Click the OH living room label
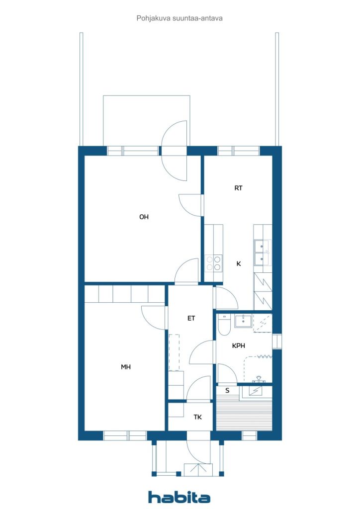pos(144,217)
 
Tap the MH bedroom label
pos(126,367)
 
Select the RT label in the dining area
pos(238,187)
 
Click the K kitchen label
pos(239,263)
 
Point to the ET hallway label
pos(191,318)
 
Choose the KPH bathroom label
pos(238,346)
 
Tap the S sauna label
pos(227,390)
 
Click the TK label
pos(197,417)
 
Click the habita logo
pos(179,497)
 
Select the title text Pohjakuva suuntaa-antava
pos(180,18)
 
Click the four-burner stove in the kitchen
pos(214,263)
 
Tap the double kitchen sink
pos(262,253)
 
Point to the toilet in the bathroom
pos(224,325)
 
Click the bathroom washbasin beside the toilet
pos(243,321)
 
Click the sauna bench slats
pos(244,416)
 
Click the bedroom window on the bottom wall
pos(125,435)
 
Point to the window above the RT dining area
pos(239,151)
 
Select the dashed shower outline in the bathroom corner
pos(263,323)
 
